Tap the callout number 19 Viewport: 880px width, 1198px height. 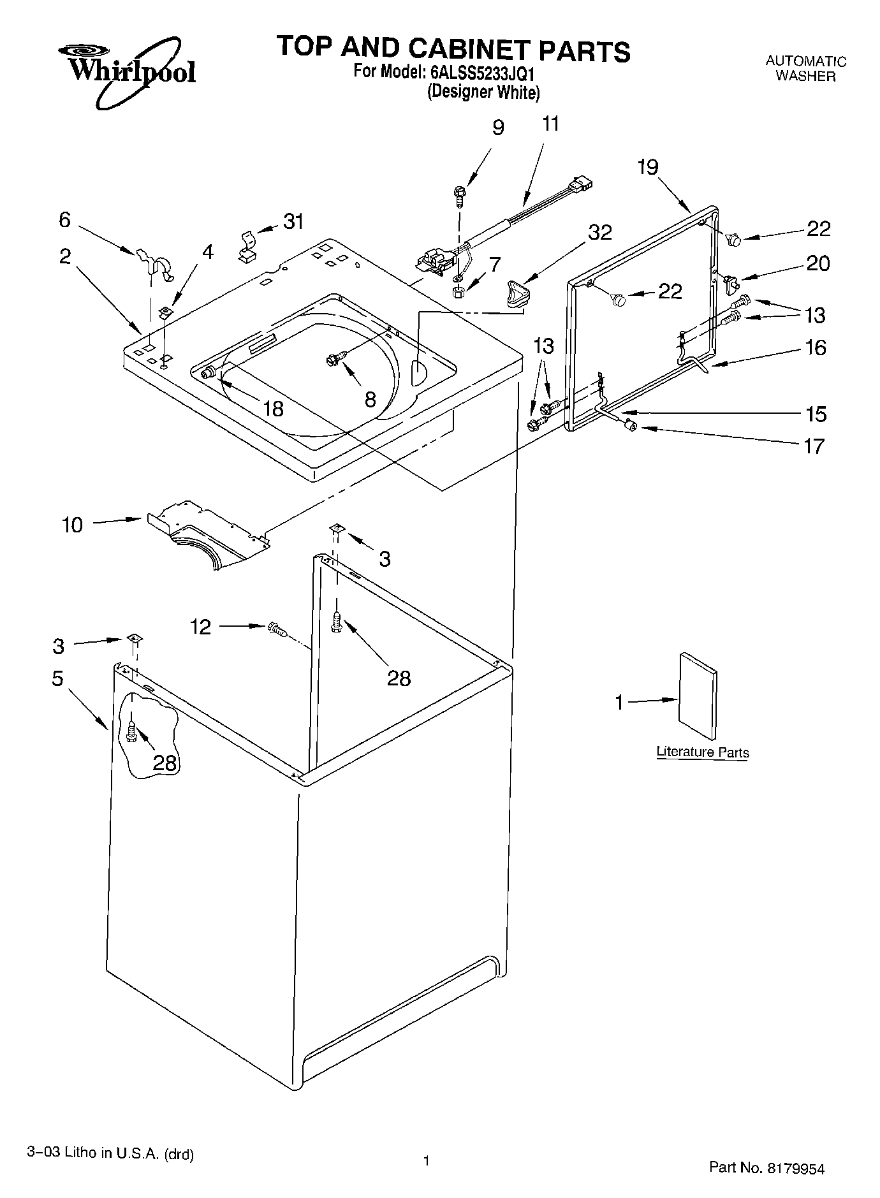[x=647, y=167]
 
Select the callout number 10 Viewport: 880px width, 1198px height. [x=72, y=525]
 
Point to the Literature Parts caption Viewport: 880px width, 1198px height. [x=702, y=752]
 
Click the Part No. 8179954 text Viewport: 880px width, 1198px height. [x=766, y=1168]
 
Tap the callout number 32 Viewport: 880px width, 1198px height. [x=599, y=232]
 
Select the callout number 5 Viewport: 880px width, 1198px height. [x=57, y=678]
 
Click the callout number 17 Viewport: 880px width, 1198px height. [x=814, y=446]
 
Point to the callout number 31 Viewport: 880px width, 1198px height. [x=293, y=221]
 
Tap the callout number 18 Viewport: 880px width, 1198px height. [x=272, y=409]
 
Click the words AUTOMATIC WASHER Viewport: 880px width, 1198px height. [x=805, y=68]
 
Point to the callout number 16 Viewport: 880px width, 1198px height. [x=816, y=347]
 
